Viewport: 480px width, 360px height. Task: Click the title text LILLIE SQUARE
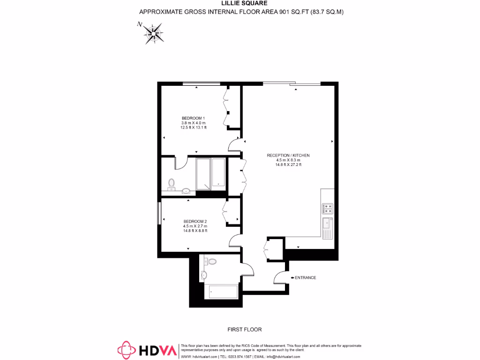(240, 3)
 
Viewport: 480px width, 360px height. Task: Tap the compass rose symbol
(153, 33)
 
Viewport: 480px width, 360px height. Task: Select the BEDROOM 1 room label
(193, 118)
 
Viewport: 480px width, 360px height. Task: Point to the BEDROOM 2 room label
(195, 221)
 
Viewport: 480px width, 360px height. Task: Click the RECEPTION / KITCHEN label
(288, 155)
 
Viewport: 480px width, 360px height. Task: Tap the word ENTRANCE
(306, 277)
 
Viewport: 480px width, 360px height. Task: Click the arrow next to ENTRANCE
(292, 277)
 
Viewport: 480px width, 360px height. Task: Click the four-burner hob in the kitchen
(328, 208)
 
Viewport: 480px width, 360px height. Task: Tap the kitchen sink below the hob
(327, 227)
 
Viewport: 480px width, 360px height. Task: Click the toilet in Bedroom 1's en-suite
(171, 183)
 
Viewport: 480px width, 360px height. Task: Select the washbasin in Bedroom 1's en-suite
(186, 191)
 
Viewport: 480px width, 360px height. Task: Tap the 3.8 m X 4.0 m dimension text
(193, 123)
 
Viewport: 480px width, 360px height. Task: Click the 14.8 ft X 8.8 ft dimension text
(195, 231)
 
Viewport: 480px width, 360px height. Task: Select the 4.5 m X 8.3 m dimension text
(288, 160)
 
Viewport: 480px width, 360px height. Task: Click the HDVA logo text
(158, 350)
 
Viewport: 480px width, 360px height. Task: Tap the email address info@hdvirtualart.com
(284, 357)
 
